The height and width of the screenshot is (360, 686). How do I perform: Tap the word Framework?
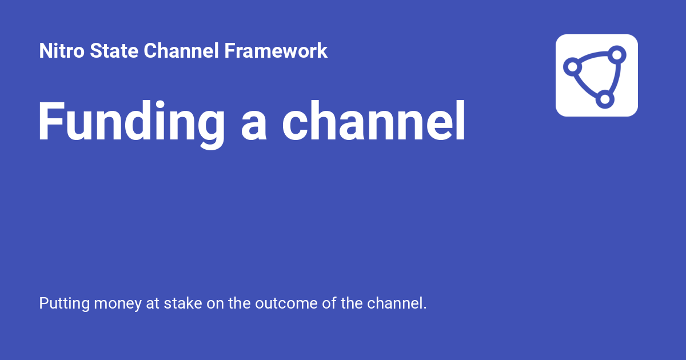coord(276,51)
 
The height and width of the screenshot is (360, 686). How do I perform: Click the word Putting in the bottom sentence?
coord(64,303)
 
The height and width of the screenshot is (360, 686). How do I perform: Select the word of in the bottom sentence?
coord(328,303)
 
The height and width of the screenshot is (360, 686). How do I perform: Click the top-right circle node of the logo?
coord(617,55)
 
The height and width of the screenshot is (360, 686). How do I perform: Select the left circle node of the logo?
coord(572,67)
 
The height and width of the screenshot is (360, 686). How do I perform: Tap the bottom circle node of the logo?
coord(604,99)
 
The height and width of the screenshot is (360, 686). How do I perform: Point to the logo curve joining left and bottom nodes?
coord(585,87)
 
